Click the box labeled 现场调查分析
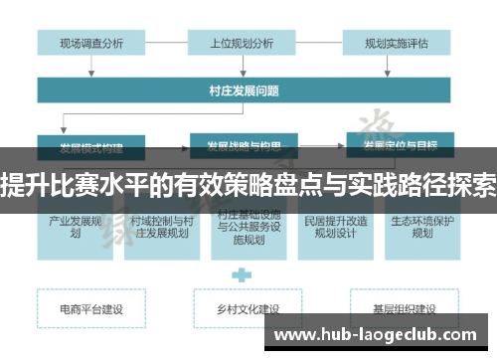91,43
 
